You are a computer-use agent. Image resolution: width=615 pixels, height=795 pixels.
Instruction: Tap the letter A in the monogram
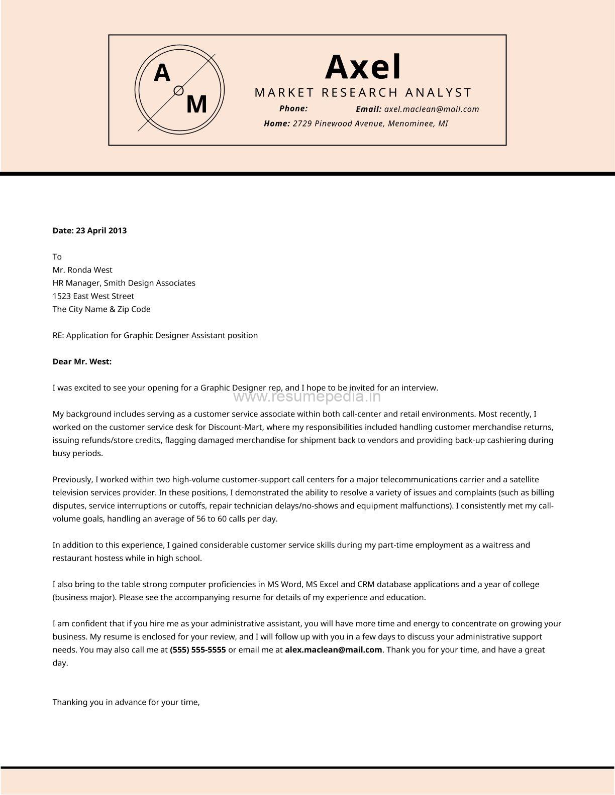[162, 73]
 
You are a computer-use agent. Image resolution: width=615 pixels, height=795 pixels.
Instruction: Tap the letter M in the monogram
[196, 105]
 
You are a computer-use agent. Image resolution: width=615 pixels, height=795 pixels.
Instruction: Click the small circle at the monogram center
[178, 90]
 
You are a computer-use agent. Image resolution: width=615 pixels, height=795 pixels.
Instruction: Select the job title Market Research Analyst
[363, 92]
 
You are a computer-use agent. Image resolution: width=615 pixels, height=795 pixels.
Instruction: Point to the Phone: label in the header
[293, 108]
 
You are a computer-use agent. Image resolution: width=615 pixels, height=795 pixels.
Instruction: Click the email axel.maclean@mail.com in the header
[432, 109]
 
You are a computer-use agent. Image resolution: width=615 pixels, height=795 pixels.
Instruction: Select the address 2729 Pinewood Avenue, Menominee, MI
[370, 123]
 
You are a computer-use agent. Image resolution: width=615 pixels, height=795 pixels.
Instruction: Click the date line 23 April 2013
[90, 231]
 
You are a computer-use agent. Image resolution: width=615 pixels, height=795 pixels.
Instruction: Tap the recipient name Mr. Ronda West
[82, 270]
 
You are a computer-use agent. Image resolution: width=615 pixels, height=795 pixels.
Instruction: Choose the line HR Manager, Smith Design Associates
[124, 283]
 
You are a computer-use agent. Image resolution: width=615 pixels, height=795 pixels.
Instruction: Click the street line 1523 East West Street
[93, 296]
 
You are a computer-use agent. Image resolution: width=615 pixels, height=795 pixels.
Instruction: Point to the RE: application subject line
[155, 335]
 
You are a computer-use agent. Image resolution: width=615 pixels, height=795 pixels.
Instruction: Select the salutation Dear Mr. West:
[82, 361]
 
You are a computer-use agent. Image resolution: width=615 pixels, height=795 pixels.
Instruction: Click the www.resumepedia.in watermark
[307, 397]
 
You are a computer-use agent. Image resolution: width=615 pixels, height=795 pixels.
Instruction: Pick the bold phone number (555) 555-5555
[198, 650]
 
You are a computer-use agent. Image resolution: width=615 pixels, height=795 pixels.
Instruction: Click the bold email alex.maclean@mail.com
[334, 650]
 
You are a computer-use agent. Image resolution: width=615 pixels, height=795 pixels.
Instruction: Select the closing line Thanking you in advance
[126, 702]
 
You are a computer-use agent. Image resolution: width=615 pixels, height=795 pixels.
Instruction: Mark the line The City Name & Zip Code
[101, 309]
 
